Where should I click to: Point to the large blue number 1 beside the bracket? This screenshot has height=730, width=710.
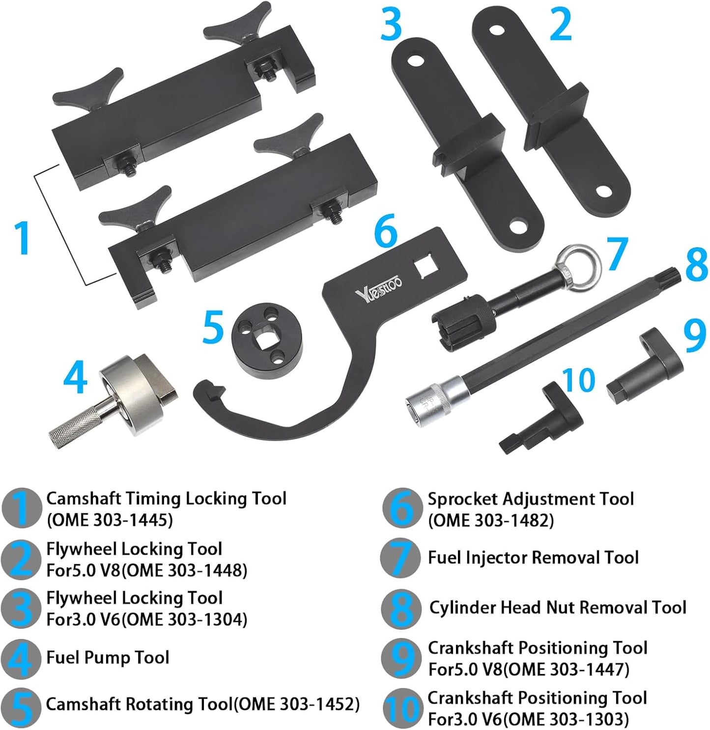click(x=23, y=238)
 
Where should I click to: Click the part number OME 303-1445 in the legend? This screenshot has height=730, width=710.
click(x=110, y=520)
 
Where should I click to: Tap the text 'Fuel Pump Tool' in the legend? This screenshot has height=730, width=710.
click(x=108, y=657)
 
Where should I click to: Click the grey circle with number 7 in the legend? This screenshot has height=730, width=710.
click(x=400, y=558)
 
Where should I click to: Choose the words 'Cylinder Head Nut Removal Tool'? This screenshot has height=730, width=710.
click(x=558, y=608)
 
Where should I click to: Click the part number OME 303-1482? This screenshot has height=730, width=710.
click(x=491, y=520)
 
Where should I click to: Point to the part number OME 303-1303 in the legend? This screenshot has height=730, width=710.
click(x=566, y=719)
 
